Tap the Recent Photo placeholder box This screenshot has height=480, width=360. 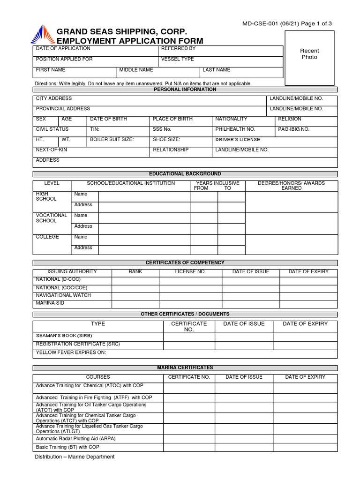point(309,54)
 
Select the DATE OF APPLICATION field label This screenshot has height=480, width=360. point(57,49)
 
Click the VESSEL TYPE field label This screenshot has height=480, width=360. point(177,59)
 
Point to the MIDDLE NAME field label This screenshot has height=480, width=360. point(136,70)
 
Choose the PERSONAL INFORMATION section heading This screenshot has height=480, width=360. point(185,89)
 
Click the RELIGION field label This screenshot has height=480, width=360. point(290,119)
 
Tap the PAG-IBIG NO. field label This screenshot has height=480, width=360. point(294,129)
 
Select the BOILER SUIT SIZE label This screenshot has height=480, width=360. point(112,139)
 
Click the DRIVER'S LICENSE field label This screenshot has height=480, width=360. point(238,140)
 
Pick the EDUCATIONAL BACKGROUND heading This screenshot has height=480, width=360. point(185,173)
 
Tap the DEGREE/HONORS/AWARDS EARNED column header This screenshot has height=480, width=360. point(291,186)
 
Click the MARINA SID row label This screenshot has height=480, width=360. point(50,303)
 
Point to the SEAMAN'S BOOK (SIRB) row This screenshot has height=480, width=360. point(64,336)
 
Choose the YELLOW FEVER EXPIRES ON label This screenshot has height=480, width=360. point(71,352)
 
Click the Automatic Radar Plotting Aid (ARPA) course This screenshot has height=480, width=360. point(75,438)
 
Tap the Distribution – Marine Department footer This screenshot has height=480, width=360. point(75,457)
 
